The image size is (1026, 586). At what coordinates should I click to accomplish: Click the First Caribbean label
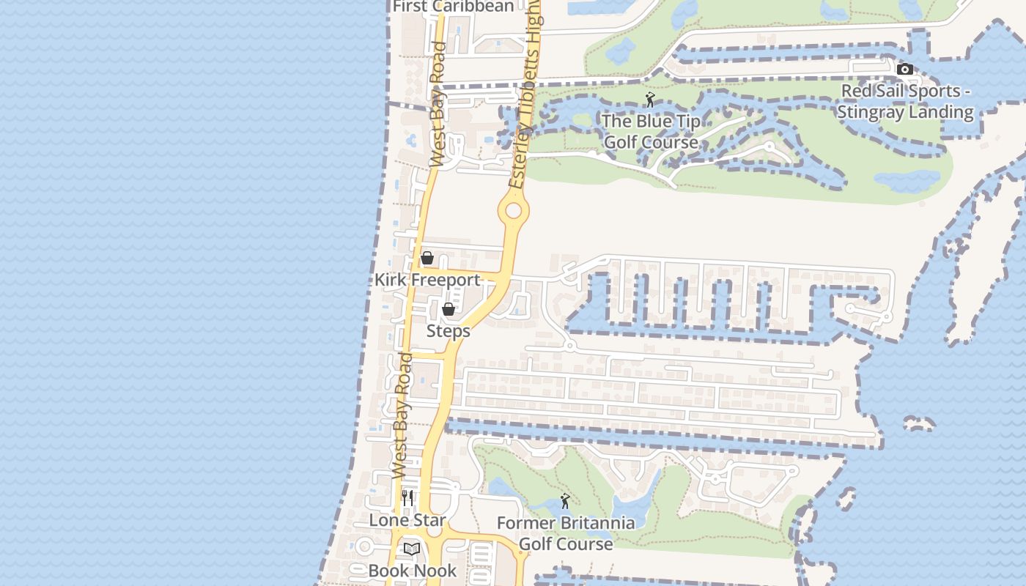point(454,7)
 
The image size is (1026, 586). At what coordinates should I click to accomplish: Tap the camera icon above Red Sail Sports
point(905,70)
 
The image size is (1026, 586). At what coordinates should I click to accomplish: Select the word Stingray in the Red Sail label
point(873,112)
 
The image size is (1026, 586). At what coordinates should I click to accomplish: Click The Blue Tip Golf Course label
point(651,132)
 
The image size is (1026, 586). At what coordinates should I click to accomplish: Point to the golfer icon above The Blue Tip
point(650,100)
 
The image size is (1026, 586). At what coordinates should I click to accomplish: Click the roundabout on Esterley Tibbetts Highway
point(513,211)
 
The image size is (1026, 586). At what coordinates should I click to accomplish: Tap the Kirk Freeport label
point(427,280)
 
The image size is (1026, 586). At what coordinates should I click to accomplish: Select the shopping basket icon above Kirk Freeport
point(427,259)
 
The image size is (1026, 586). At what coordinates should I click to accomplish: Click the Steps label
point(449,331)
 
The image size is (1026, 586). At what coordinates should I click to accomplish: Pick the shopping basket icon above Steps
point(449,310)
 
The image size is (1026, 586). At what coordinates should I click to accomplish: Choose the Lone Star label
point(407,520)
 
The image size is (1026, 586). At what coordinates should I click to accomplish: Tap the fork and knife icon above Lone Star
point(407,498)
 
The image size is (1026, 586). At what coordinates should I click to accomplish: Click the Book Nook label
point(413,571)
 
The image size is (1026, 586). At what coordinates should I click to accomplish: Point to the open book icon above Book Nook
point(412,549)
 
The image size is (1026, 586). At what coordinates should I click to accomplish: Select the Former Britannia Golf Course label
point(565,533)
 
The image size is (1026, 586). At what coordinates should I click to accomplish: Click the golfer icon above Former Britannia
point(564,502)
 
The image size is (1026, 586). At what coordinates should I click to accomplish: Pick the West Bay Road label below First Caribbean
point(438,104)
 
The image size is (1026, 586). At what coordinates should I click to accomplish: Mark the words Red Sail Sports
point(901,92)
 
